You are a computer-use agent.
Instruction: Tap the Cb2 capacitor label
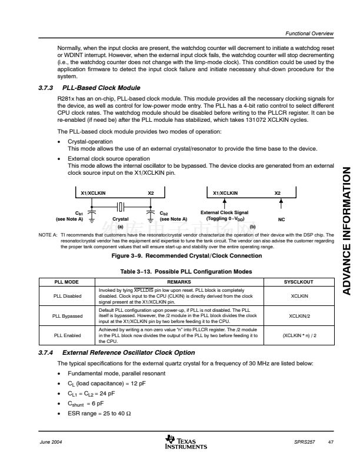click(173, 216)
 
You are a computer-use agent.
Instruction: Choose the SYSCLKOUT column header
click(301, 282)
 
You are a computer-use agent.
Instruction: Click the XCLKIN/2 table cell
click(301, 316)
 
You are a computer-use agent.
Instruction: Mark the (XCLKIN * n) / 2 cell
click(301, 336)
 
